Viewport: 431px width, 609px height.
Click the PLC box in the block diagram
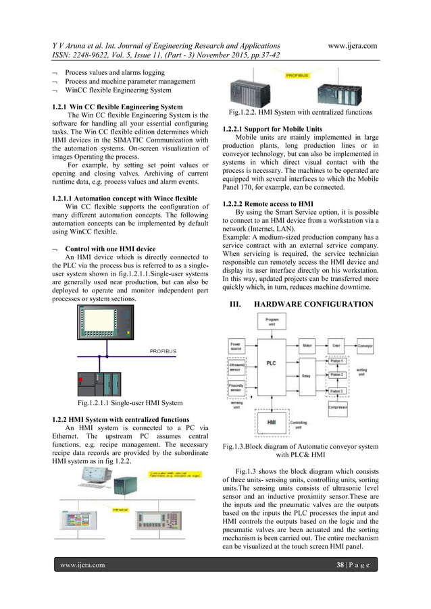point(271,363)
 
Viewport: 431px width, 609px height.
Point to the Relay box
point(306,375)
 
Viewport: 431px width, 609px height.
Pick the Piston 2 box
point(337,375)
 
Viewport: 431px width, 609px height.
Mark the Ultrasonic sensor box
point(237,368)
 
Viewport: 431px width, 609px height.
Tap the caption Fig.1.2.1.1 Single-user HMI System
point(129,403)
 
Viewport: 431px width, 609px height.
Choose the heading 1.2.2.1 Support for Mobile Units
point(272,128)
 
